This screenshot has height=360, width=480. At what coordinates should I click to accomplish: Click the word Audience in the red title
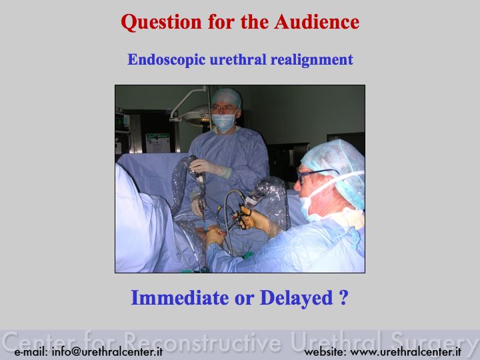pos(317,22)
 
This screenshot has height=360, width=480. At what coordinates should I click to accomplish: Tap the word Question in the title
pos(161,23)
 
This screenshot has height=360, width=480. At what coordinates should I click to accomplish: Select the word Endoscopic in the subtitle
pos(166,60)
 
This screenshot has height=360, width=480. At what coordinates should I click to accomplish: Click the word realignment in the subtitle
pos(311,60)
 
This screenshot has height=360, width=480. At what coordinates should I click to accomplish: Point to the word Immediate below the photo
pos(180,297)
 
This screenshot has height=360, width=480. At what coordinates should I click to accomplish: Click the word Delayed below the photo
pos(296,298)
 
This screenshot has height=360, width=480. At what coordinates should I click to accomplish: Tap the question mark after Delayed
pos(344,297)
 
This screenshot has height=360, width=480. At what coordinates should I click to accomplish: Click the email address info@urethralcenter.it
pos(107,351)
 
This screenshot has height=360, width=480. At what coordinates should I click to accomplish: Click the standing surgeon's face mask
pos(224,121)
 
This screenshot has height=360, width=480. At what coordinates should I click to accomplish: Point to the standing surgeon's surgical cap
pos(227,97)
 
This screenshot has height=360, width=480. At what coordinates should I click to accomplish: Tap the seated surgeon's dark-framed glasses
pos(315,175)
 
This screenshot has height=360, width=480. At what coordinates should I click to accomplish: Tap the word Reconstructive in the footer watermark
pos(203,341)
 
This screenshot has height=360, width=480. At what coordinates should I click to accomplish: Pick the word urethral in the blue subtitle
pos(238,60)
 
